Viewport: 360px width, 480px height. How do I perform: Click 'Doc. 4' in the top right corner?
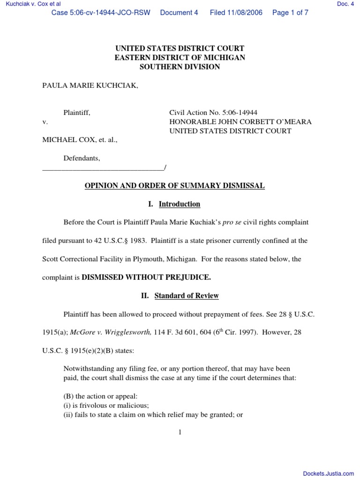point(345,4)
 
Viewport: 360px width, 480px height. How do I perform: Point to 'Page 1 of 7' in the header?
point(290,13)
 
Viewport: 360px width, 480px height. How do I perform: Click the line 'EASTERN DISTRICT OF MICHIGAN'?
point(180,58)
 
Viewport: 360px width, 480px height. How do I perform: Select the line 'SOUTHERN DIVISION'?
point(180,67)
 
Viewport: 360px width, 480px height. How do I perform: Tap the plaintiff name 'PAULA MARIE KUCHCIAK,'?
point(90,86)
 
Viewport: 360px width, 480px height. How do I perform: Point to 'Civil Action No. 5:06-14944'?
point(213,112)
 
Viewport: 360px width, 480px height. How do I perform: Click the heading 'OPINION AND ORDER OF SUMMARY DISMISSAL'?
point(174,186)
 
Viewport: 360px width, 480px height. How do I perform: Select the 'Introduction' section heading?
point(180,204)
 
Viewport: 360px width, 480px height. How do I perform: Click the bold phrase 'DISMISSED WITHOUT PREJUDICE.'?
point(146,277)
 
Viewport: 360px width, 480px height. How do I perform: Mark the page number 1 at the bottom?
point(180,432)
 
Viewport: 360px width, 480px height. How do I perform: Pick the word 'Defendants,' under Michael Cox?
point(82,158)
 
